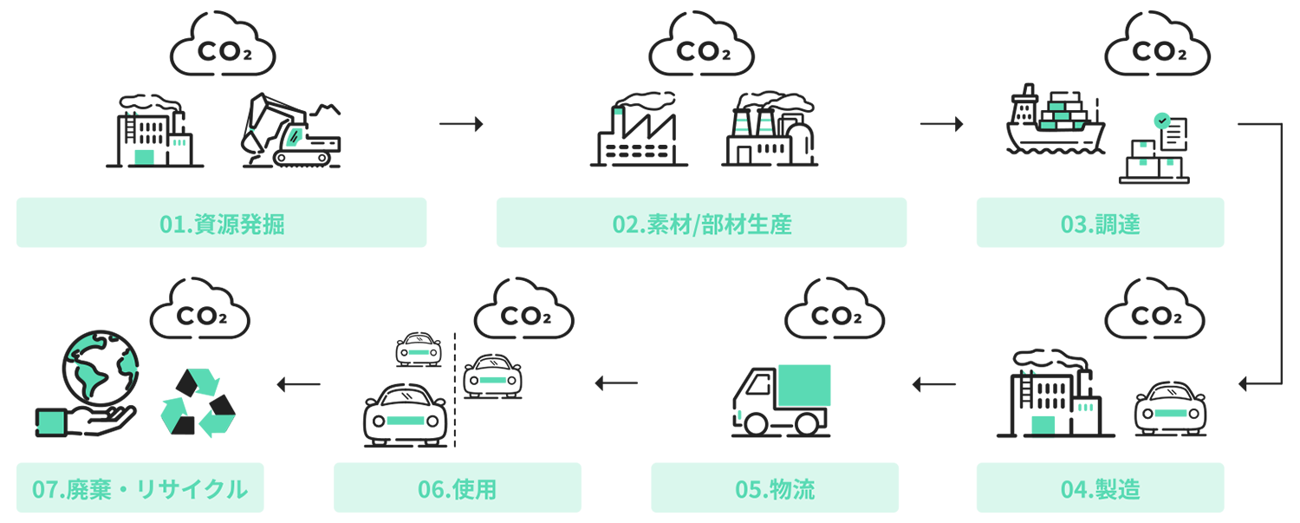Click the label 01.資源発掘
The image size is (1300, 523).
click(x=223, y=226)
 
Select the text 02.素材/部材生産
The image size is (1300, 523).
click(x=702, y=226)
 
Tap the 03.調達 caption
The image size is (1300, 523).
click(x=1100, y=226)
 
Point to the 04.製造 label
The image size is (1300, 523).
click(x=1100, y=490)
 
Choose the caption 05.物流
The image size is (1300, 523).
click(x=775, y=490)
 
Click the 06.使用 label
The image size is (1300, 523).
click(x=457, y=490)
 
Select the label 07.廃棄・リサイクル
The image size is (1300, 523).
click(x=140, y=490)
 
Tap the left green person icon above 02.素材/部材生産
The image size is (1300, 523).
click(x=742, y=125)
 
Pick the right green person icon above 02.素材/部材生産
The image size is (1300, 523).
click(x=764, y=125)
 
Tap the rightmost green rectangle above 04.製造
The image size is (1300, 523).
click(x=1171, y=413)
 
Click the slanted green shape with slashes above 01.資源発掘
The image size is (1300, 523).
click(x=296, y=137)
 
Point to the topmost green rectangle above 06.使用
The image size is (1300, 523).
click(x=419, y=352)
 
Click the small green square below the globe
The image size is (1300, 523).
click(x=51, y=422)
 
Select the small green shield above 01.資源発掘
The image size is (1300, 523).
click(x=180, y=144)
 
